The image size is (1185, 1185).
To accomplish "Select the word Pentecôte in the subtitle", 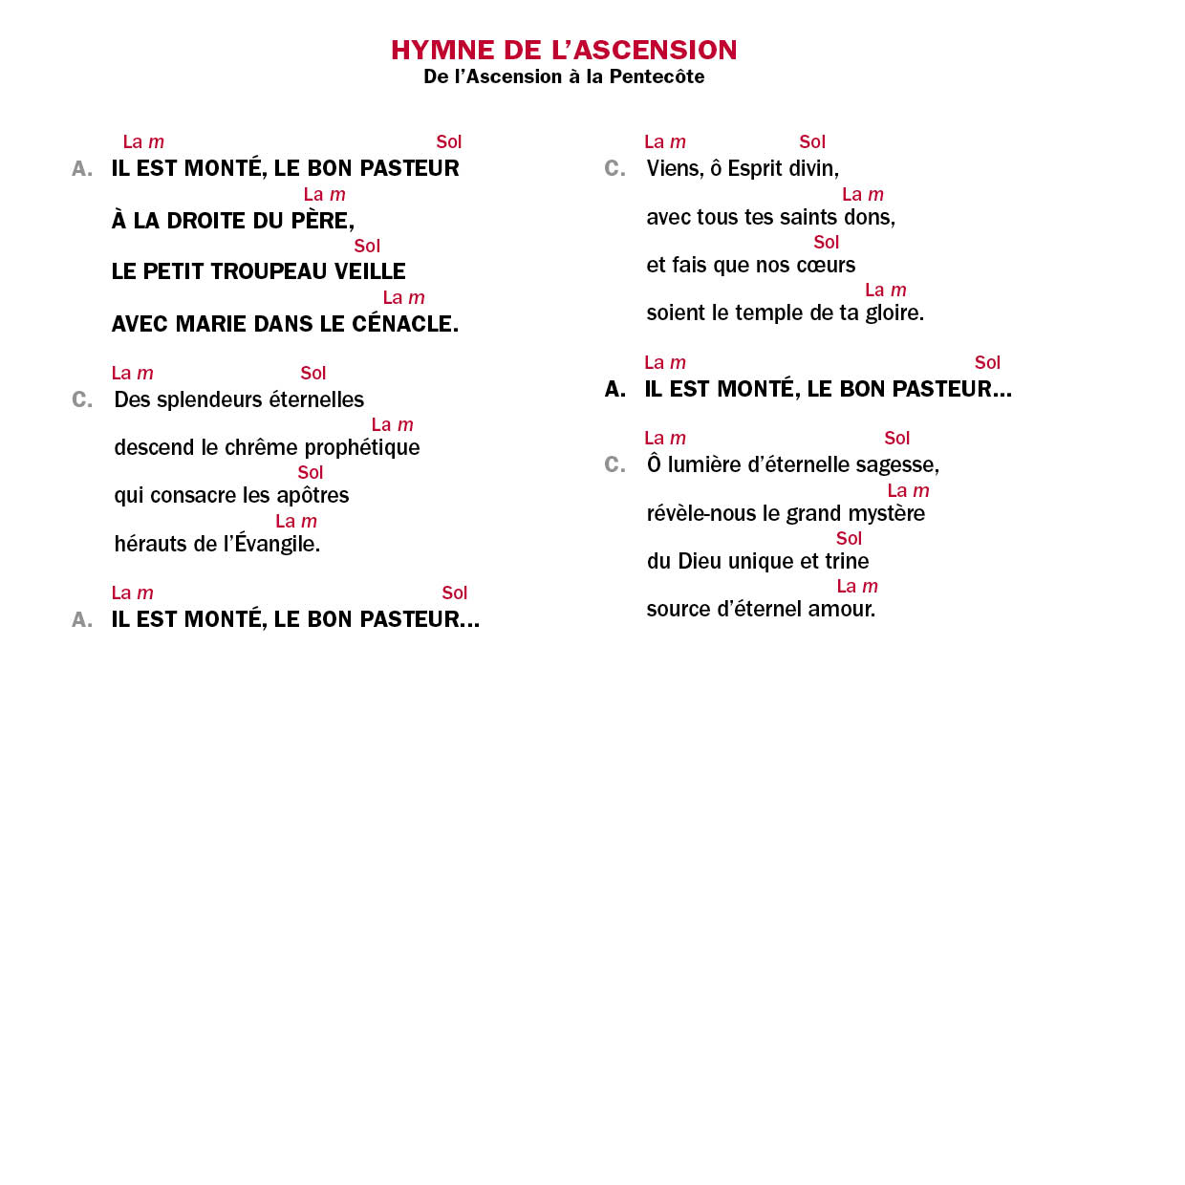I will coord(657,76).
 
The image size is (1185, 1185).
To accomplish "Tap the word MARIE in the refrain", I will coord(215,324).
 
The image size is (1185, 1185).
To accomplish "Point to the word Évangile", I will coord(277,544).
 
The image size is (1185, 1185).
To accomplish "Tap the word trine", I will coord(847,561).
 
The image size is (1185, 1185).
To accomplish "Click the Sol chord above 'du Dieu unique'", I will coord(849,538).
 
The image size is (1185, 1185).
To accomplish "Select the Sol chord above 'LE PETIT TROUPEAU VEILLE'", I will coord(367,247).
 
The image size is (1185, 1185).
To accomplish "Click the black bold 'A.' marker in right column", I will coord(615,389).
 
